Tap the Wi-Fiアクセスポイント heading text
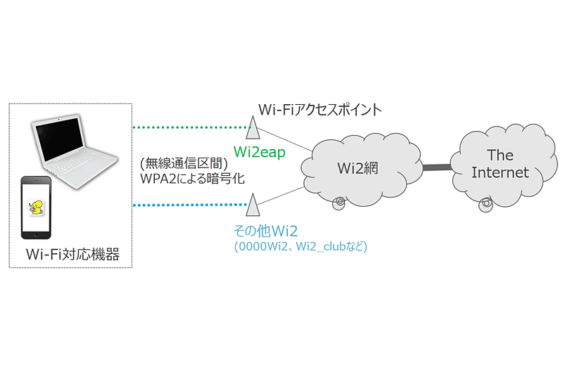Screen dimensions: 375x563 tap(320, 110)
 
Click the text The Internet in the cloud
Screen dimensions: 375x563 tap(500, 164)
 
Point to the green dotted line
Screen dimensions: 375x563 tap(190, 128)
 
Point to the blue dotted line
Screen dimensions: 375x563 tap(190, 205)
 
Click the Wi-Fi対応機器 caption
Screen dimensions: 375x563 tap(72, 255)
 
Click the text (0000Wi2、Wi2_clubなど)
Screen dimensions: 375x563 tap(301, 247)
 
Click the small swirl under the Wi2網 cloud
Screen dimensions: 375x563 tap(340, 203)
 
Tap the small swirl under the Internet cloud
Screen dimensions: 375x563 tap(485, 205)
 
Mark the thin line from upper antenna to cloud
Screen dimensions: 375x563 tap(285, 142)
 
